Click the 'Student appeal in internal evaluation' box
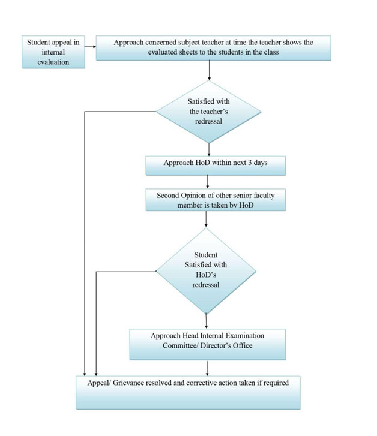click(x=53, y=52)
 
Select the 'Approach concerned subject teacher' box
click(x=214, y=48)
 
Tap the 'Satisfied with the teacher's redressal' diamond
click(x=208, y=112)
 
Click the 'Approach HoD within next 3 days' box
click(x=216, y=166)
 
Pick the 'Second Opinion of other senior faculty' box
click(x=216, y=200)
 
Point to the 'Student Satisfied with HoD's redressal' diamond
click(x=206, y=271)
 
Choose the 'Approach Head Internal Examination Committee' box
click(x=208, y=344)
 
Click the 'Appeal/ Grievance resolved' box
click(x=188, y=393)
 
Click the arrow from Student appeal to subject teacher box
click(x=91, y=47)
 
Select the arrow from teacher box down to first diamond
click(x=209, y=70)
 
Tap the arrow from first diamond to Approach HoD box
click(x=209, y=149)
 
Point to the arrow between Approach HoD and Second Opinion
click(x=208, y=182)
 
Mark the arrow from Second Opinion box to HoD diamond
click(x=206, y=219)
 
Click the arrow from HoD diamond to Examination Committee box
click(x=207, y=321)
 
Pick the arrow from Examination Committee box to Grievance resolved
click(x=207, y=368)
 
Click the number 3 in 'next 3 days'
click(x=250, y=163)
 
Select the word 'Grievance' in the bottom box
click(x=128, y=383)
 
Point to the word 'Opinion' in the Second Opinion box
click(x=192, y=196)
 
